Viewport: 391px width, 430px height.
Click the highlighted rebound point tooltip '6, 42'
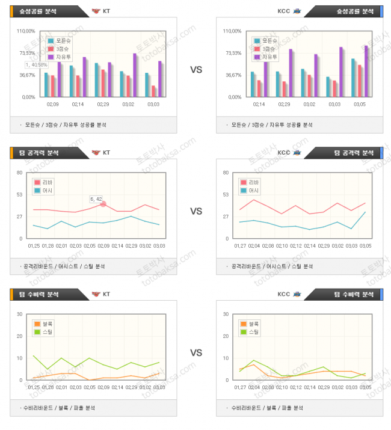(96, 198)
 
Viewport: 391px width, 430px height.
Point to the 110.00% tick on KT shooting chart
(26, 31)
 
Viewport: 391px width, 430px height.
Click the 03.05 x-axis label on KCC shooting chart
(359, 105)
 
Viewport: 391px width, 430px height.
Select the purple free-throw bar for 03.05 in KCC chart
(366, 70)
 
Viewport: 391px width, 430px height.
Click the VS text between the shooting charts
(196, 70)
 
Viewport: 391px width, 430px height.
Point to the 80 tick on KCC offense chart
(226, 173)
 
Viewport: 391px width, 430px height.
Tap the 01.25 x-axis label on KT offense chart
(34, 246)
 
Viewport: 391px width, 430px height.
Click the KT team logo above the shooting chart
(96, 11)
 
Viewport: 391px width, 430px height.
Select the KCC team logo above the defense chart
(297, 294)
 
